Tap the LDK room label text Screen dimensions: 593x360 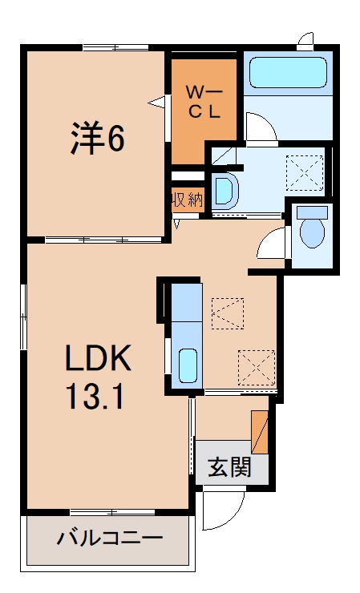point(97,361)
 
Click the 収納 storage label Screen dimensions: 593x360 point(188,200)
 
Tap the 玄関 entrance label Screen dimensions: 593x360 point(230,466)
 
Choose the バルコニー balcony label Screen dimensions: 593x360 point(110,538)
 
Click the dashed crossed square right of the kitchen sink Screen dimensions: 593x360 point(256,368)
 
